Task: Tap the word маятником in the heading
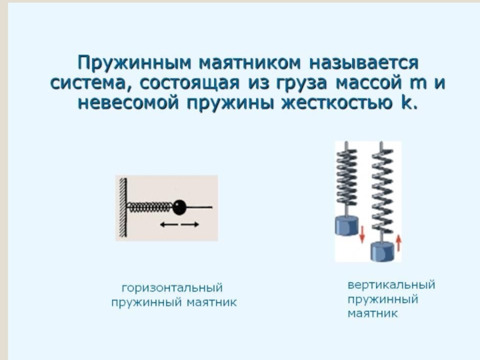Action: tap(250, 62)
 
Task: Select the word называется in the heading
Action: tap(364, 63)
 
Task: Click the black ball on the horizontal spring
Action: tap(179, 207)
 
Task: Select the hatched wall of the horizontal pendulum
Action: tap(123, 208)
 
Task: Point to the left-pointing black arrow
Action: tap(169, 224)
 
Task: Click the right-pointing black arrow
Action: tap(190, 224)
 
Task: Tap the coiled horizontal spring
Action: tap(150, 208)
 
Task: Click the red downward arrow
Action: tap(362, 234)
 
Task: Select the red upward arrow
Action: tap(398, 242)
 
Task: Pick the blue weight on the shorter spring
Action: tap(347, 226)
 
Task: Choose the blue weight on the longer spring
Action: tap(382, 251)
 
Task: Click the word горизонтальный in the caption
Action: tap(172, 288)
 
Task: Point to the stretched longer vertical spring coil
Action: tap(382, 191)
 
